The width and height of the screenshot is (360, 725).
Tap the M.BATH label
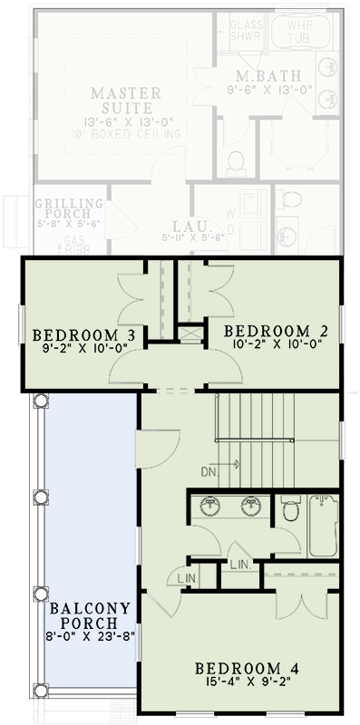pyautogui.click(x=257, y=75)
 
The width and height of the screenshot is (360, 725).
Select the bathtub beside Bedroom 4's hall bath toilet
pyautogui.click(x=324, y=526)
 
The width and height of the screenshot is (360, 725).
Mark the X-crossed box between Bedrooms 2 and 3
pyautogui.click(x=190, y=333)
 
